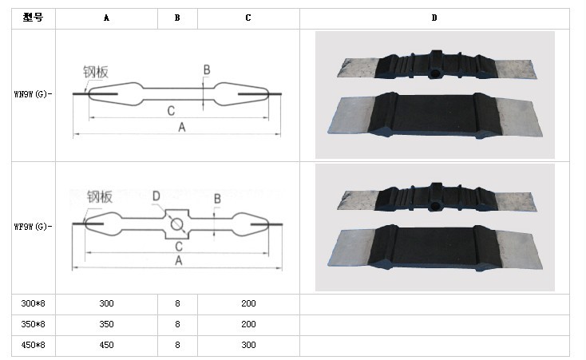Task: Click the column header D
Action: tap(434, 18)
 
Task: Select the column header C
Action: tap(248, 18)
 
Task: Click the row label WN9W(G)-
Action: tap(30, 93)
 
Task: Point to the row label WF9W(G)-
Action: tap(30, 226)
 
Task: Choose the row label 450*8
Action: tap(33, 345)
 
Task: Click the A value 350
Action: tap(107, 324)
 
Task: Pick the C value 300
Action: tap(248, 345)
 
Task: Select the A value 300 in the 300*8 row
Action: tap(107, 304)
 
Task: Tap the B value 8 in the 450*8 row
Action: tap(177, 345)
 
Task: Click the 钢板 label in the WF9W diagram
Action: tap(100, 196)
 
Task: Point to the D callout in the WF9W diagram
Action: tap(156, 196)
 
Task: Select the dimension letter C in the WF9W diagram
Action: tap(178, 246)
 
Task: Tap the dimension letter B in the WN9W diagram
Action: tap(206, 71)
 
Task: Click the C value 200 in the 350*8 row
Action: tap(248, 324)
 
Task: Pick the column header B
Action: tap(177, 18)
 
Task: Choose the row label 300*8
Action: tap(33, 304)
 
